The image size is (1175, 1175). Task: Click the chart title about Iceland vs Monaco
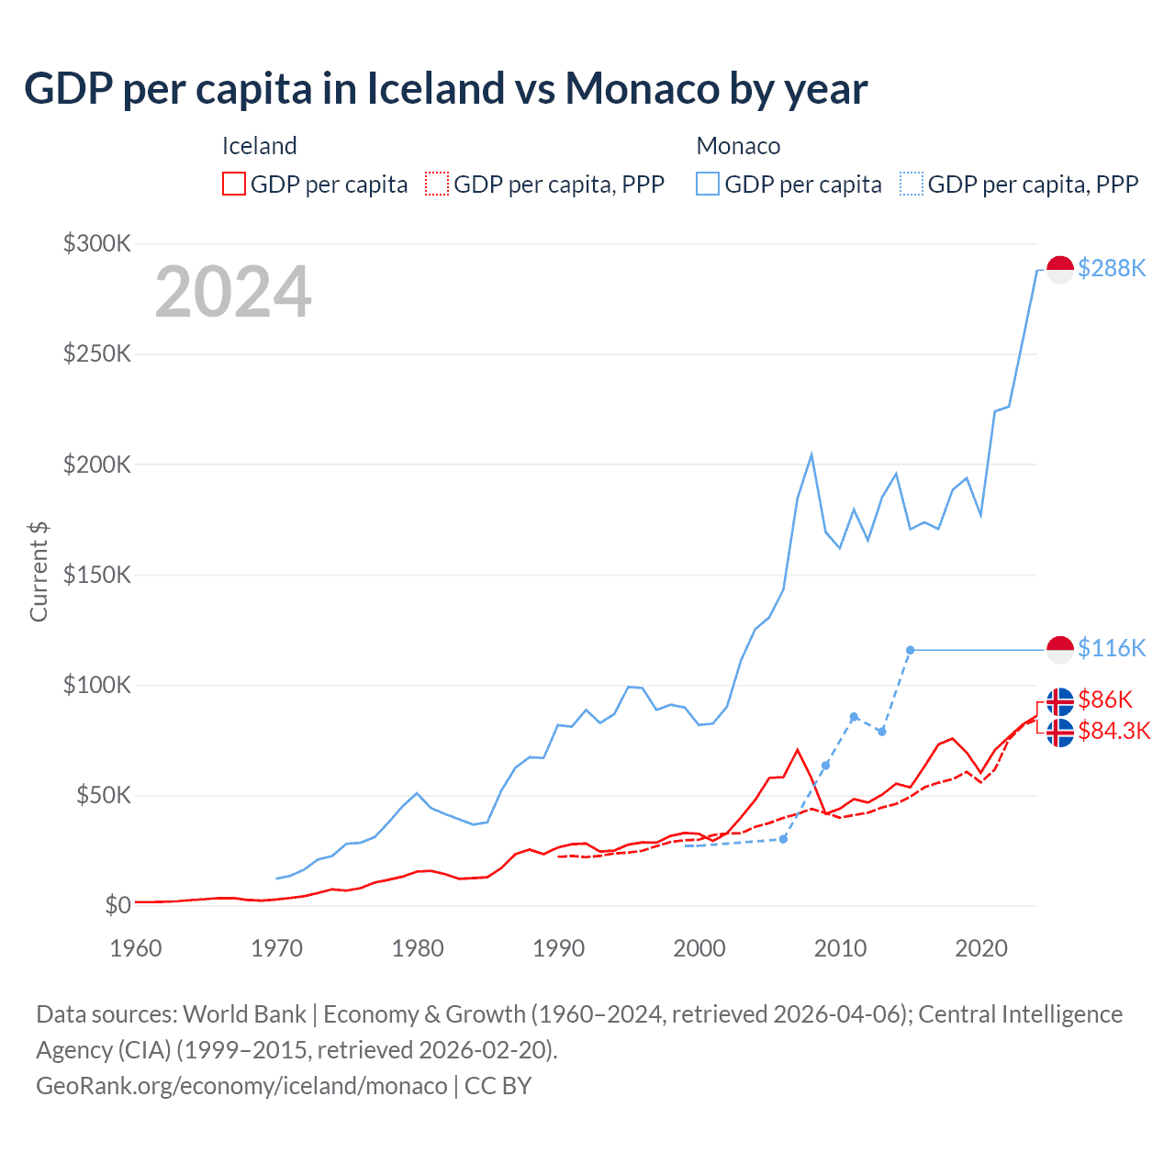coord(446,89)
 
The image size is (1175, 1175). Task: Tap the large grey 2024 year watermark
coord(233,292)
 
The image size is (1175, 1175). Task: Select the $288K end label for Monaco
coord(1112,268)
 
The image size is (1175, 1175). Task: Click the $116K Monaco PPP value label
coord(1112,648)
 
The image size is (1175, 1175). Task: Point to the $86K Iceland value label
coord(1105,699)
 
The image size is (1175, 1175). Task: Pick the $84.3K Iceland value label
coord(1114,731)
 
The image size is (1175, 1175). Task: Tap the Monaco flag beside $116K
coord(1060,649)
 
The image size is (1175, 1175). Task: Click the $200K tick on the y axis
coord(97,464)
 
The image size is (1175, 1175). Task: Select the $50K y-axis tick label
coord(103,795)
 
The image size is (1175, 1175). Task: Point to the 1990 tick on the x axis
coord(558,948)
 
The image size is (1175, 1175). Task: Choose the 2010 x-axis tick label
coord(840,948)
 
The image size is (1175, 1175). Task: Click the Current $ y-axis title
coord(39,571)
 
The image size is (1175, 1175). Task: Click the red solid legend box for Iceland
coord(234,185)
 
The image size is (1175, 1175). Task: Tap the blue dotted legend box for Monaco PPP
coord(912,185)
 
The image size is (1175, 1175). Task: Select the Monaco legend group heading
coord(738,146)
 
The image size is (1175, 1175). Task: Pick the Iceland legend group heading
coord(259,146)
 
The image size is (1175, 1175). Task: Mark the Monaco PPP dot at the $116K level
coord(910,650)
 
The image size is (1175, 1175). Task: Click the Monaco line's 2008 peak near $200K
coord(811,455)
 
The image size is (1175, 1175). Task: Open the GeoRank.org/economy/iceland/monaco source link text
coord(241,1086)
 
